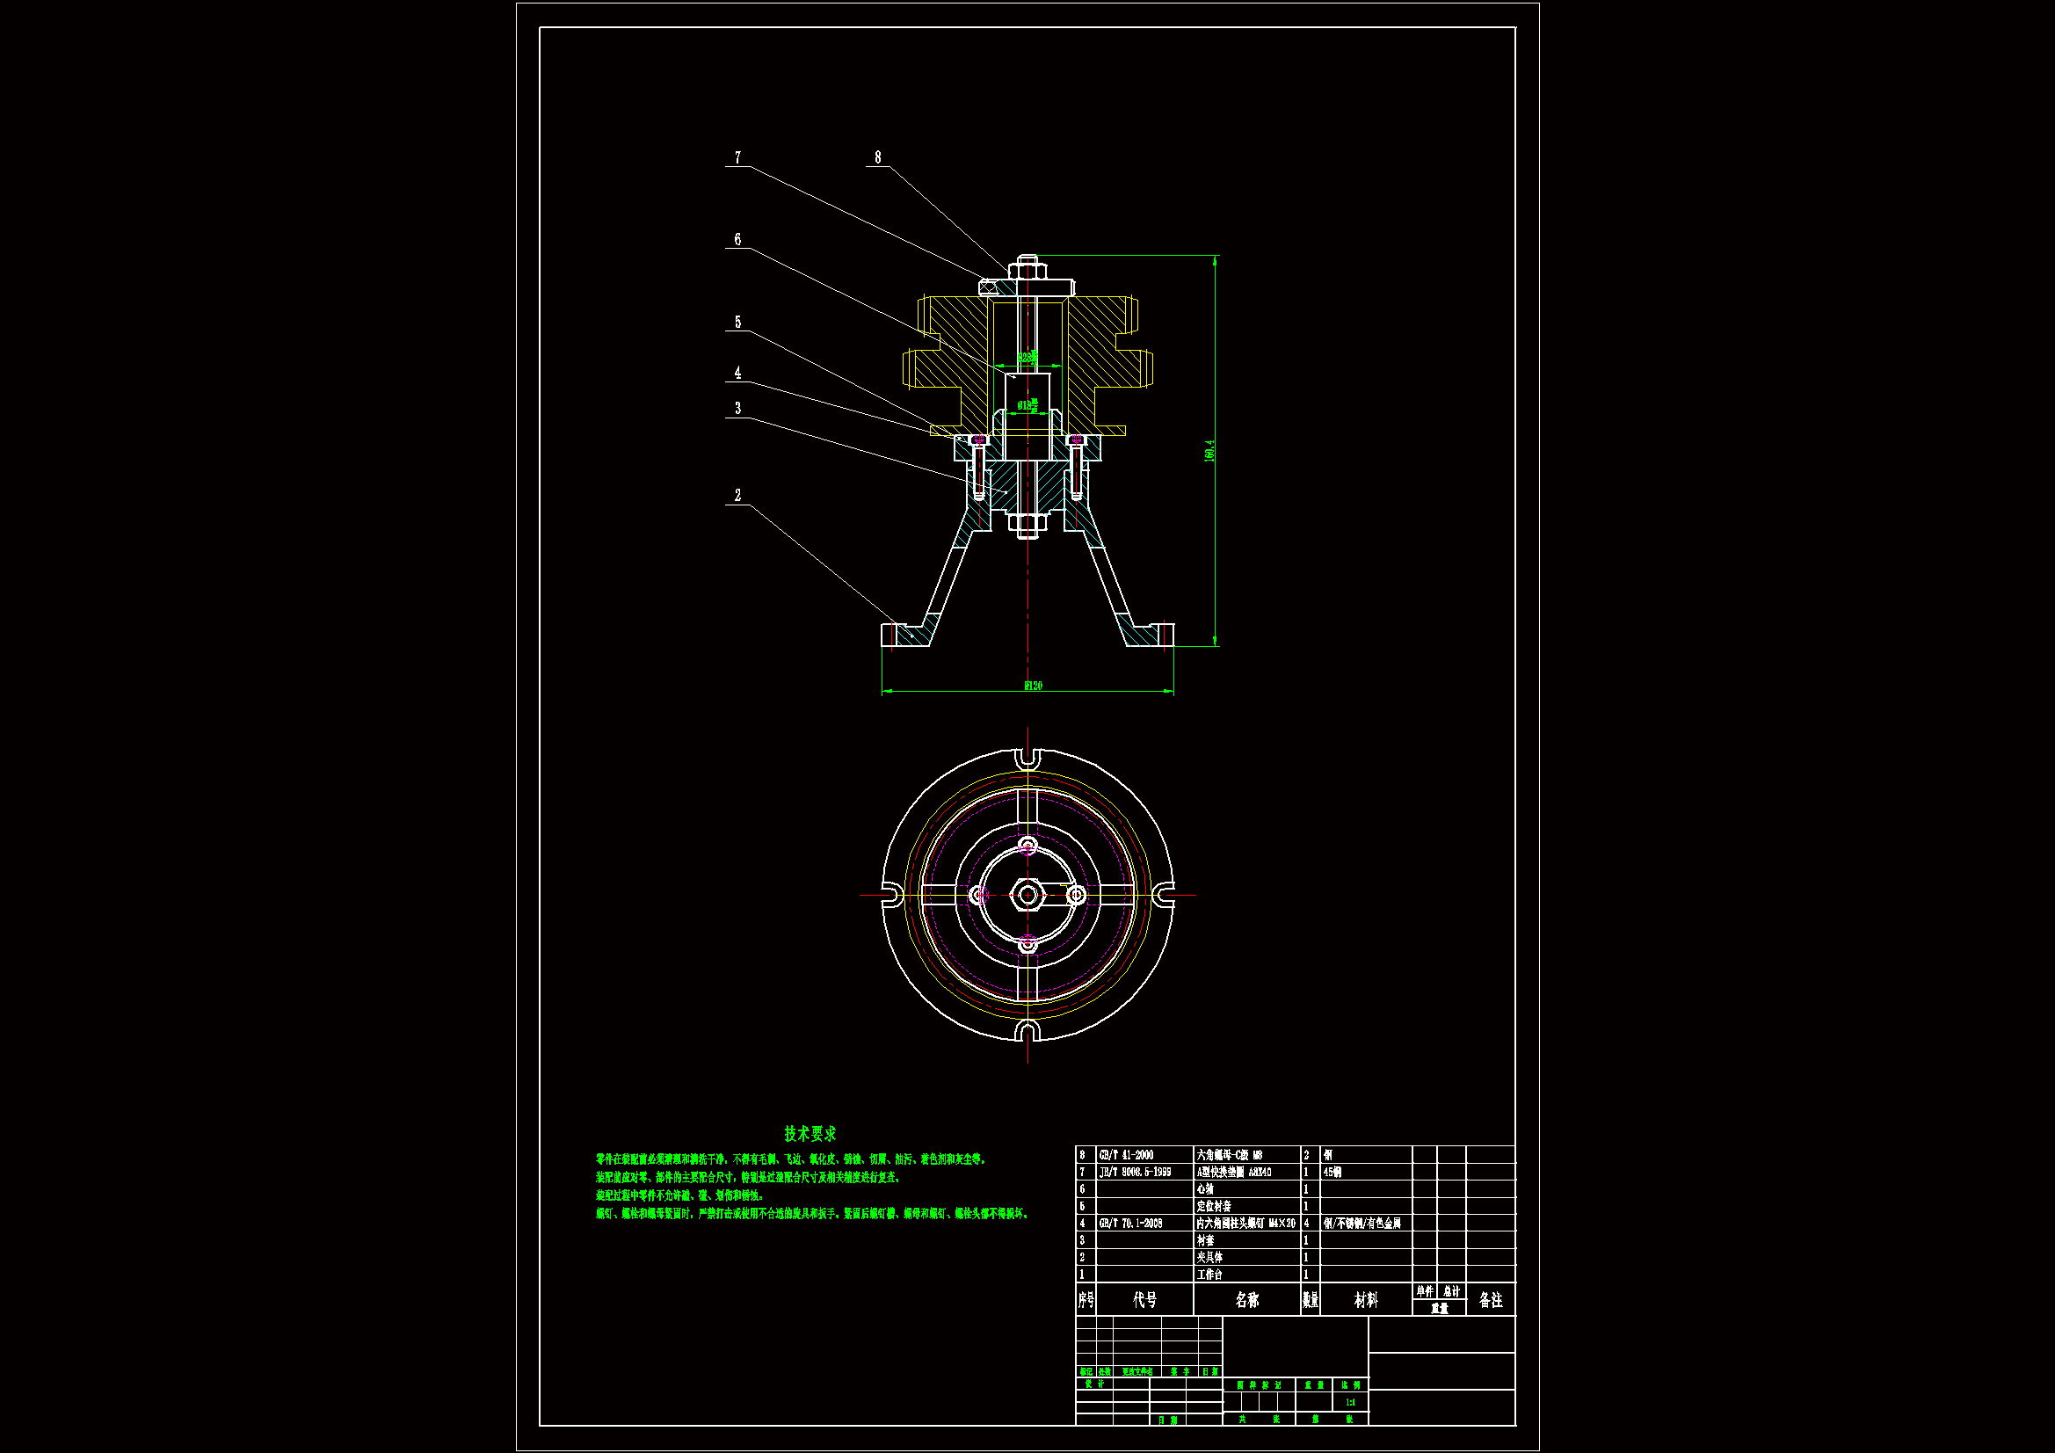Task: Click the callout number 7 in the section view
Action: (737, 157)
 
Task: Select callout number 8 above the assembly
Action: (877, 157)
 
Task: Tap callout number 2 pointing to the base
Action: (737, 495)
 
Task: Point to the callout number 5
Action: (737, 323)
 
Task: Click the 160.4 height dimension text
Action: (1209, 450)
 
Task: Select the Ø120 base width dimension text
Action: (1033, 686)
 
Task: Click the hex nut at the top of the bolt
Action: (1027, 268)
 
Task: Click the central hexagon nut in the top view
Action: (1027, 894)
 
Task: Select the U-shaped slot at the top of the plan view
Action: (1027, 759)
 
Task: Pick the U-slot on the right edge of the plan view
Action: (1163, 894)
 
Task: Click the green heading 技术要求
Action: (810, 1133)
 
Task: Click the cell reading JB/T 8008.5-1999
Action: (1135, 1172)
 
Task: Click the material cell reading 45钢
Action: (1332, 1172)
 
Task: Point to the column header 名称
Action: (1246, 1300)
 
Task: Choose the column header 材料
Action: (1366, 1300)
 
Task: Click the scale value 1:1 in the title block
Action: (1350, 1402)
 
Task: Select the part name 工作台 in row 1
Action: (1209, 1274)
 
